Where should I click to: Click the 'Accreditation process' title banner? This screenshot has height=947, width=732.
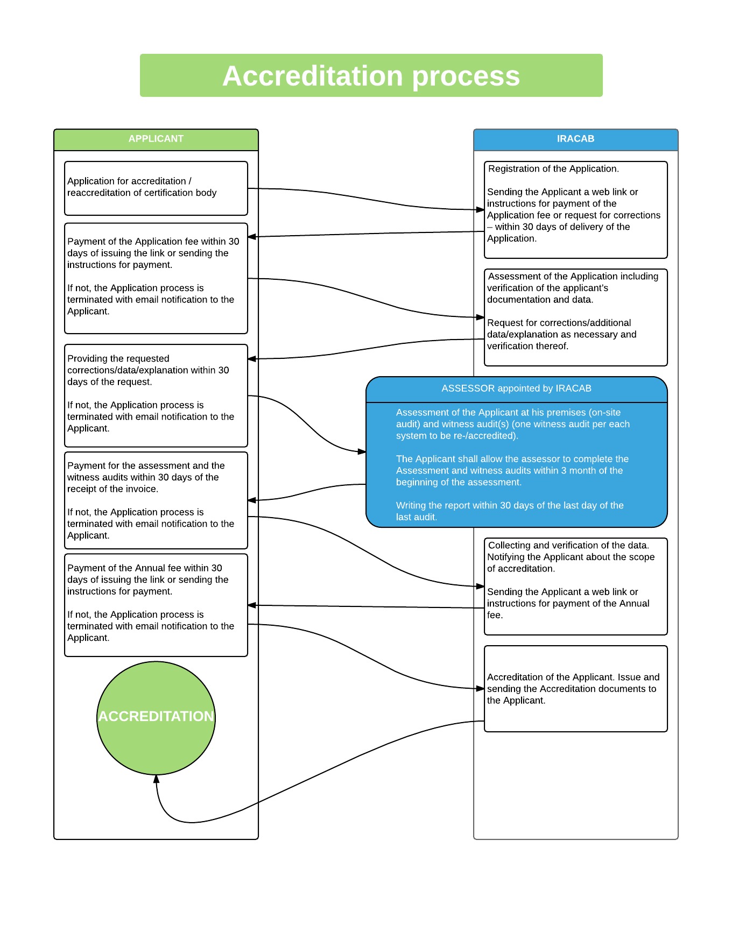coord(371,75)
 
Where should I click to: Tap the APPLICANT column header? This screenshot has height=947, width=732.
coord(156,139)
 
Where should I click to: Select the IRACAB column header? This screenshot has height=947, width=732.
coord(576,139)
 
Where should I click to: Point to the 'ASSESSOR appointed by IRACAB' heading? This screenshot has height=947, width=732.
coord(517,388)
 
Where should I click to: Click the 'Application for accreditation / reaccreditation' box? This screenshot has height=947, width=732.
coord(156,188)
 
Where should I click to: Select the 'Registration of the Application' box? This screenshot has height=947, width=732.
coord(576,210)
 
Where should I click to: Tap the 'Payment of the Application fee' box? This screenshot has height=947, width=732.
coord(156,278)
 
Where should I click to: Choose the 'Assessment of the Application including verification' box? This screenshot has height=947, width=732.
coord(576,317)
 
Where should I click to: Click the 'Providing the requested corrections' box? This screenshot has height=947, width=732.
coord(156,395)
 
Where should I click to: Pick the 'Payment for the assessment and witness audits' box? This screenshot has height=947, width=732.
coord(156,500)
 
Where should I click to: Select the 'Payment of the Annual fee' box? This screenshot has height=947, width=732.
coord(156,605)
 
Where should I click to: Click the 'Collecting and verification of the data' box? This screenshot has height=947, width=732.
coord(576,586)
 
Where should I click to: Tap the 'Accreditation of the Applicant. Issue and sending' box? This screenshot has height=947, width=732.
coord(576,689)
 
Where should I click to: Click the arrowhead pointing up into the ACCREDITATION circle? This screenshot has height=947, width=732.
coord(156,779)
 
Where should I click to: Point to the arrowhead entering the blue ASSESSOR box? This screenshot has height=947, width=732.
coord(362,451)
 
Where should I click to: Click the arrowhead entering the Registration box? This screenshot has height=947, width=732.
coord(481,209)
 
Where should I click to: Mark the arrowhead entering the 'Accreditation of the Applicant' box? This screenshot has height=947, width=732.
coord(481,688)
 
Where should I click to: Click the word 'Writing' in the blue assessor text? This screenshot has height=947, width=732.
coord(411,506)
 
